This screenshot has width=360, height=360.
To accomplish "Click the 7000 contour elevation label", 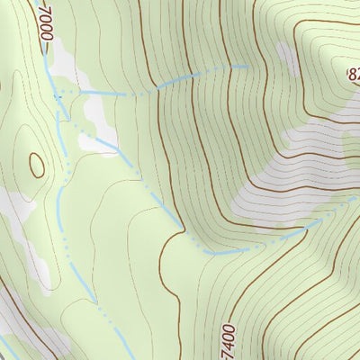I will click(x=45, y=20).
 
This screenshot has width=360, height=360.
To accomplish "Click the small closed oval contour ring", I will click(x=37, y=165).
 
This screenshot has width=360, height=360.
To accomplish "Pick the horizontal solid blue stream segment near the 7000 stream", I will click(x=106, y=93).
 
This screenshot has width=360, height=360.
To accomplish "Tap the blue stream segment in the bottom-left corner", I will click(x=7, y=346).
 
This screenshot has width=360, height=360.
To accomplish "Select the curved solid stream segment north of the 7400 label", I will click(x=216, y=252).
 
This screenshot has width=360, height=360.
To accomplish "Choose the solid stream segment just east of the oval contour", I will click(x=60, y=144).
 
